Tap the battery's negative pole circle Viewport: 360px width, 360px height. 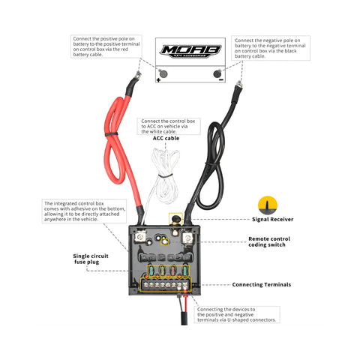click(x=218, y=73)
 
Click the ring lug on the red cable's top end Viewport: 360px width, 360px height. click(x=138, y=73)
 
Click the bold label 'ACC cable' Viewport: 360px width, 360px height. click(x=166, y=138)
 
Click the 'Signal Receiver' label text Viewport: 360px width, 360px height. click(x=273, y=220)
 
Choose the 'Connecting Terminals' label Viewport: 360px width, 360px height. click(x=263, y=285)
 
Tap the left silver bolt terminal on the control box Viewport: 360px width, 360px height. click(x=139, y=239)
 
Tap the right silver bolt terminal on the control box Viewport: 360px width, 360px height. click(x=188, y=239)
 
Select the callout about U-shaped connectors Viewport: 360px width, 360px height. click(x=237, y=314)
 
